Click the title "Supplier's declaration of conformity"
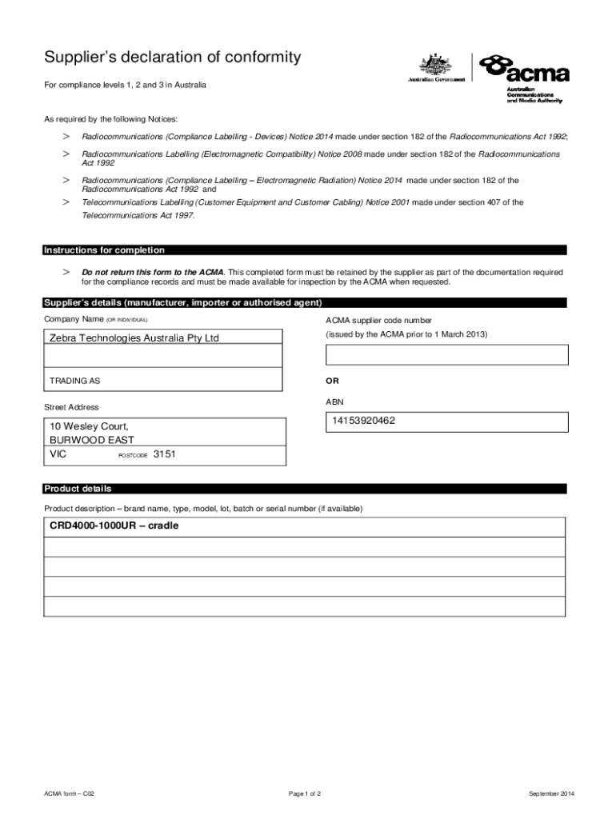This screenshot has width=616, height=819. coord(173,58)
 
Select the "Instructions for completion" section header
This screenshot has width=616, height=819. coord(104,250)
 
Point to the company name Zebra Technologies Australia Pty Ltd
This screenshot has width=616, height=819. coord(134,338)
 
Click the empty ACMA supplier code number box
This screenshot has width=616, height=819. coord(446,355)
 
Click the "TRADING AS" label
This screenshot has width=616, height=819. coord(75,381)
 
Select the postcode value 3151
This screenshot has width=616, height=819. coord(164,454)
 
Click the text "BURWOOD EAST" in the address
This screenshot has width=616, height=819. coord(92,440)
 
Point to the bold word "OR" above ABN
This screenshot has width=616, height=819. coord(332,381)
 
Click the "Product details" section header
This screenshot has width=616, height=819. coord(78,489)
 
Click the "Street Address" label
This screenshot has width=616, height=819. coord(71,407)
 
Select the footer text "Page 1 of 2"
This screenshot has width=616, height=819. coord(305,793)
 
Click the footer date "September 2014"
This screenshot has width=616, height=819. coord(551,793)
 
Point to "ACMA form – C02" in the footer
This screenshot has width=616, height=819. coord(70,793)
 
